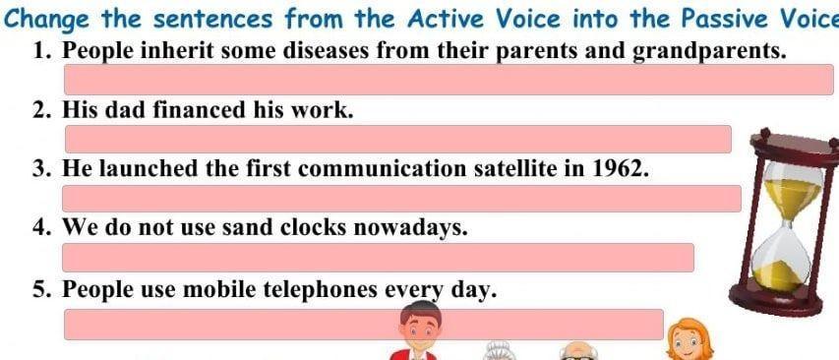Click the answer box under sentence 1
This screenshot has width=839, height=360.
tap(449, 80)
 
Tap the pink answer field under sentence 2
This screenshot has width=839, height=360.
tap(398, 139)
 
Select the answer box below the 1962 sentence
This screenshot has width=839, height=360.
tap(402, 199)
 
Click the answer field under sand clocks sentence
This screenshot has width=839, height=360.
tap(379, 258)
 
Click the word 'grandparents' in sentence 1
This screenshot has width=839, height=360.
tap(710, 51)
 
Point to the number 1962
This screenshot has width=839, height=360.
tap(621, 169)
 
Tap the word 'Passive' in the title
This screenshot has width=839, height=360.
tap(726, 20)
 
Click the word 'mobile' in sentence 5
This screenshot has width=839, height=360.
tap(215, 290)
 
